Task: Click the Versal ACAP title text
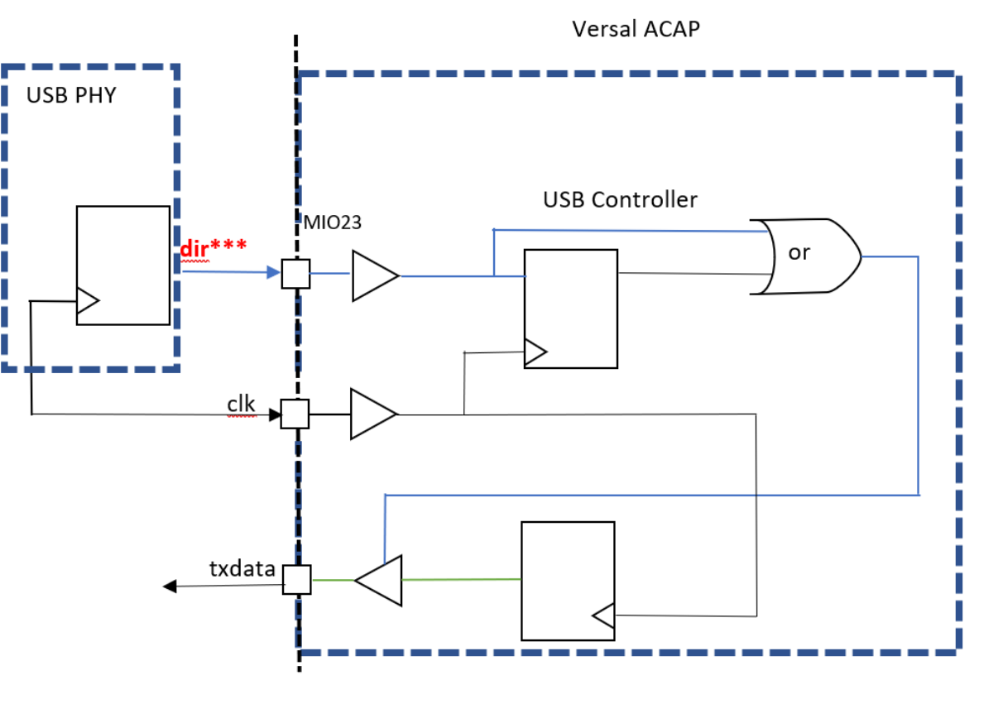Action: pos(636,30)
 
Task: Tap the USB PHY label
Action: pos(71,95)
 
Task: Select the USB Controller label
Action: pos(620,199)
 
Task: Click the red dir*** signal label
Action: pos(213,248)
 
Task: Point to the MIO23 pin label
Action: pos(332,223)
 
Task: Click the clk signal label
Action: pos(242,404)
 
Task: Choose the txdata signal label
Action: pos(242,568)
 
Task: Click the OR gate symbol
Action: pos(803,256)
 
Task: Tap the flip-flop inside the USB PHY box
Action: pos(122,265)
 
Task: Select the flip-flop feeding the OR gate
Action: pos(570,308)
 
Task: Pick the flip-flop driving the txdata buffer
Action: pos(567,580)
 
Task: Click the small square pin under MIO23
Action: pos(295,274)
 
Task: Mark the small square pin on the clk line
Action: pos(295,414)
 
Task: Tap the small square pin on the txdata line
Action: pos(296,580)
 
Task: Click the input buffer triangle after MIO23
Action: pos(373,275)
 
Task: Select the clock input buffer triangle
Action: pos(372,414)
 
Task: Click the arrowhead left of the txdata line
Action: pos(170,587)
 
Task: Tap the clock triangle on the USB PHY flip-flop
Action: pos(87,301)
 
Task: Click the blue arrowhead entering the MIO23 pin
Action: pos(274,272)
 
